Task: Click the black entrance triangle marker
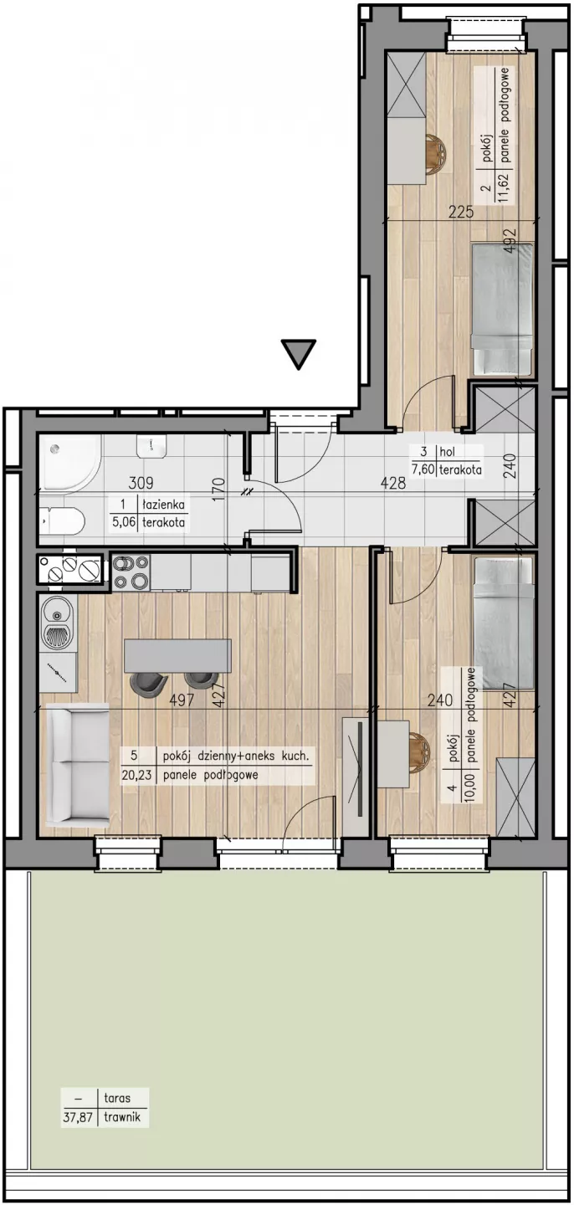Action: point(299,353)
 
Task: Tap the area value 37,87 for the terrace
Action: point(79,1117)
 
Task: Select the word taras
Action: point(117,1099)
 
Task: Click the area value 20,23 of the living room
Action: point(136,775)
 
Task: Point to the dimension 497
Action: point(182,700)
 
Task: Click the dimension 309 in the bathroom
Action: point(141,483)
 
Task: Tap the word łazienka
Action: point(163,505)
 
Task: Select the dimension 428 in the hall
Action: point(392,483)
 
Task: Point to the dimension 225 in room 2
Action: point(462,212)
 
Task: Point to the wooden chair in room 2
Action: point(433,153)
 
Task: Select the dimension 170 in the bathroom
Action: point(218,489)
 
